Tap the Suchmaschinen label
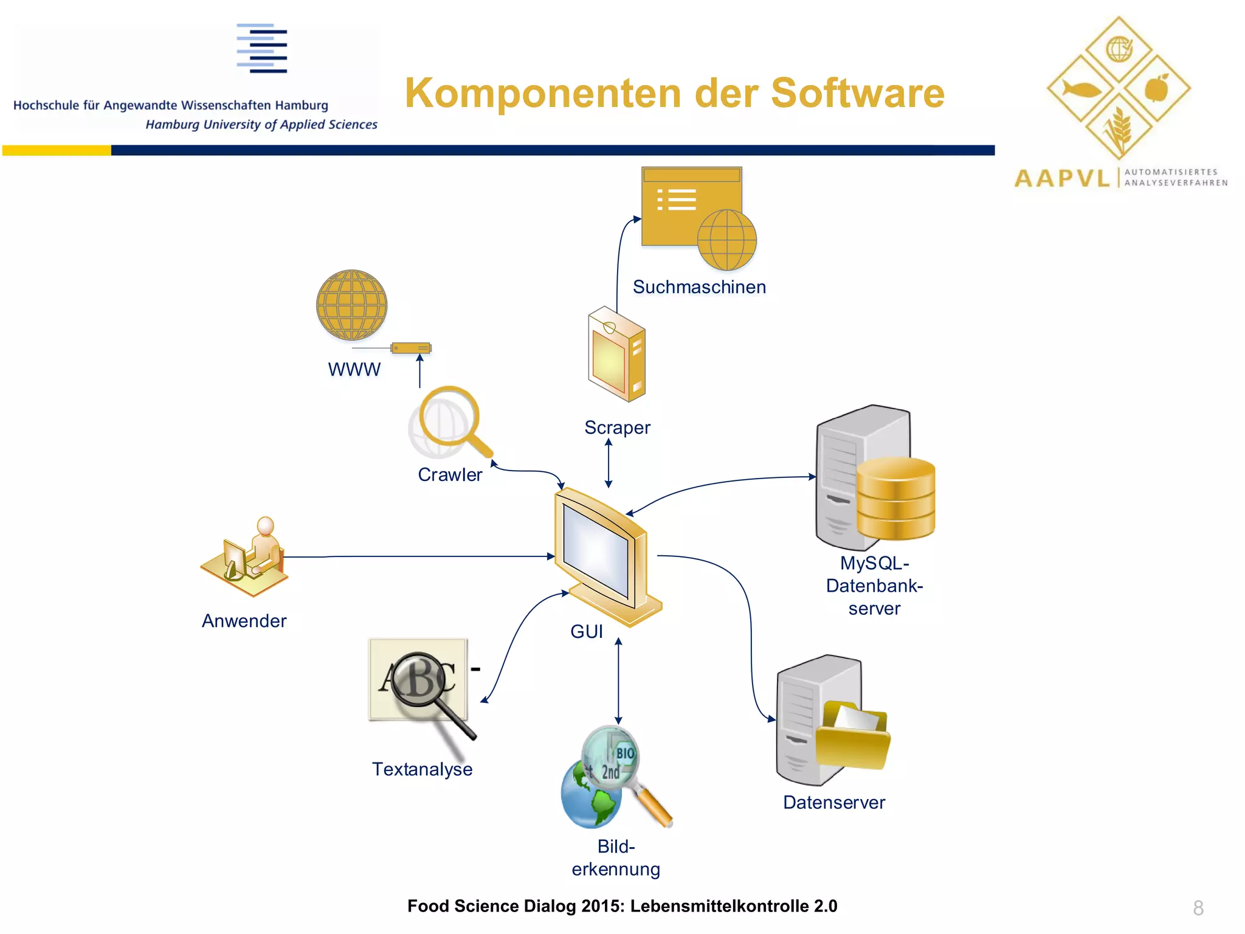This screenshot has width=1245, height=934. click(699, 287)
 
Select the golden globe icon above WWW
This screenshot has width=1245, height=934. click(351, 305)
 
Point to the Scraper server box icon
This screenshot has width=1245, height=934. click(616, 355)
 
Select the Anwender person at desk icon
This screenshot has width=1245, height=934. click(246, 556)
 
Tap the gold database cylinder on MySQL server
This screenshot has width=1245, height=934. click(895, 499)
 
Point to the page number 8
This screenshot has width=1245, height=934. click(1198, 908)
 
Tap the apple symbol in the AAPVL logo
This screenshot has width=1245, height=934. click(1157, 88)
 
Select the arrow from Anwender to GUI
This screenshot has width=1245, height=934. click(419, 556)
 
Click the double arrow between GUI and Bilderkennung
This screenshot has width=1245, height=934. click(618, 681)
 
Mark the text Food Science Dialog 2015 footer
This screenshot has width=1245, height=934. click(622, 906)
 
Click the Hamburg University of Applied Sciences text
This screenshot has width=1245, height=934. click(261, 125)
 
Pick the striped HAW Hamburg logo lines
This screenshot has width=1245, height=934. click(262, 49)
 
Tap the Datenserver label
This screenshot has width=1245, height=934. click(833, 803)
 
